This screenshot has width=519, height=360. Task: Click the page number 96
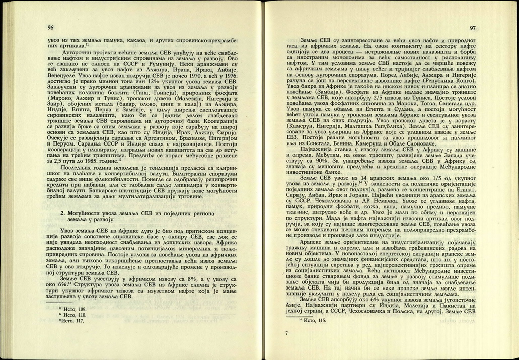50,27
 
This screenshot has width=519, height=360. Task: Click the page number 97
472,28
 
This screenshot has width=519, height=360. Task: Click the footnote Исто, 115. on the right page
312,320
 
